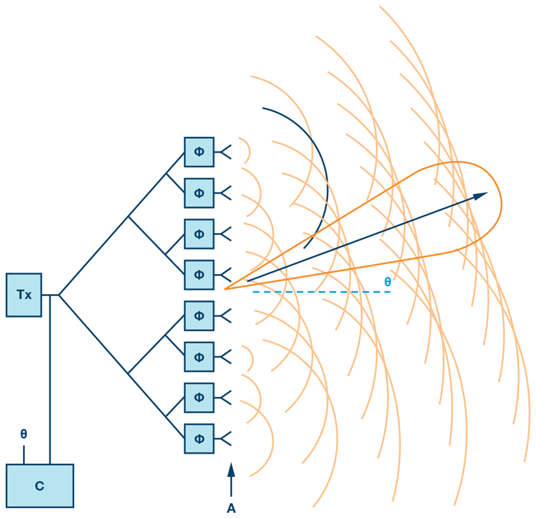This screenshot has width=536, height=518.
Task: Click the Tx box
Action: (x=24, y=294)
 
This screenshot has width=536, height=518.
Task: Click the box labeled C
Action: (x=39, y=486)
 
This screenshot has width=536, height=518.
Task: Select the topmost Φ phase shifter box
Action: (x=199, y=152)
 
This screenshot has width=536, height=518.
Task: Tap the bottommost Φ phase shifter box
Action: (x=199, y=439)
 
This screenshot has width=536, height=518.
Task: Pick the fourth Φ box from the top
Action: (x=199, y=275)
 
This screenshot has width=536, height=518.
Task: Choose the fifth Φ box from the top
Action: (x=199, y=316)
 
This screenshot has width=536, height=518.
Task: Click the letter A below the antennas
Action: (x=231, y=508)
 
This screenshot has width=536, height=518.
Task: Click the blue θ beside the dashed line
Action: (x=388, y=282)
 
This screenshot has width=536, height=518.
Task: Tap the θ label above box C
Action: (x=24, y=434)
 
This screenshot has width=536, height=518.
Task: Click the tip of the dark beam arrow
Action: (x=487, y=193)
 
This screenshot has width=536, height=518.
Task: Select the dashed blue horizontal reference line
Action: (x=322, y=291)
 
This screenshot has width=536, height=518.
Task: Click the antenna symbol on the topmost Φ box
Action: (x=224, y=152)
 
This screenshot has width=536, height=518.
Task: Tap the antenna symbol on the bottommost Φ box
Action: (x=224, y=439)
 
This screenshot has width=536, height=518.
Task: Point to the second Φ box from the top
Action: (x=199, y=193)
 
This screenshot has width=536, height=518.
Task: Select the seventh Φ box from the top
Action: (x=199, y=398)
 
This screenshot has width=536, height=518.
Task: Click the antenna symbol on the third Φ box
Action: (x=224, y=234)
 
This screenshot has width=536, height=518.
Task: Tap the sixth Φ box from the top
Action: (x=199, y=356)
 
